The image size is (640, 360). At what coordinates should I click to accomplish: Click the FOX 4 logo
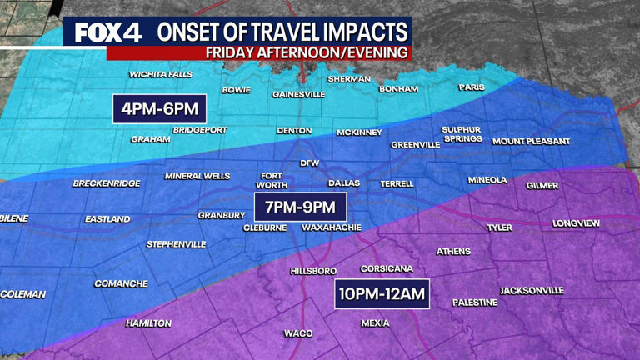(107, 32)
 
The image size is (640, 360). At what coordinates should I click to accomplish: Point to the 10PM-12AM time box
(382, 294)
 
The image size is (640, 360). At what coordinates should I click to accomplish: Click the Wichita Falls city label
(161, 75)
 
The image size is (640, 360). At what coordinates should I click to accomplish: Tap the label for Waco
(298, 333)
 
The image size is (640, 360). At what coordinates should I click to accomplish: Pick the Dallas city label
(344, 183)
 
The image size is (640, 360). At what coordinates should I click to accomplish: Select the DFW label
(310, 163)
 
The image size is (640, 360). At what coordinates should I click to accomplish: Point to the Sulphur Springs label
(462, 134)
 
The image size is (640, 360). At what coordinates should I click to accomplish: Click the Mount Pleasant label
(532, 142)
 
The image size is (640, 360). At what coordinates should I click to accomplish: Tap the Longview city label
(577, 223)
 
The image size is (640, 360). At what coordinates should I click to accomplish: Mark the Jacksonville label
(532, 291)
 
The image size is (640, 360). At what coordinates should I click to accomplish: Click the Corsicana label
(387, 269)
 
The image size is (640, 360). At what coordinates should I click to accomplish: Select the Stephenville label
(176, 244)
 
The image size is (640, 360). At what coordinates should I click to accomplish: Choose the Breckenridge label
(107, 183)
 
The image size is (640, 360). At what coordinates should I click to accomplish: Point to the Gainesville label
(298, 94)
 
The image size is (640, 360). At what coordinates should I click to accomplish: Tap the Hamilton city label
(148, 323)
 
